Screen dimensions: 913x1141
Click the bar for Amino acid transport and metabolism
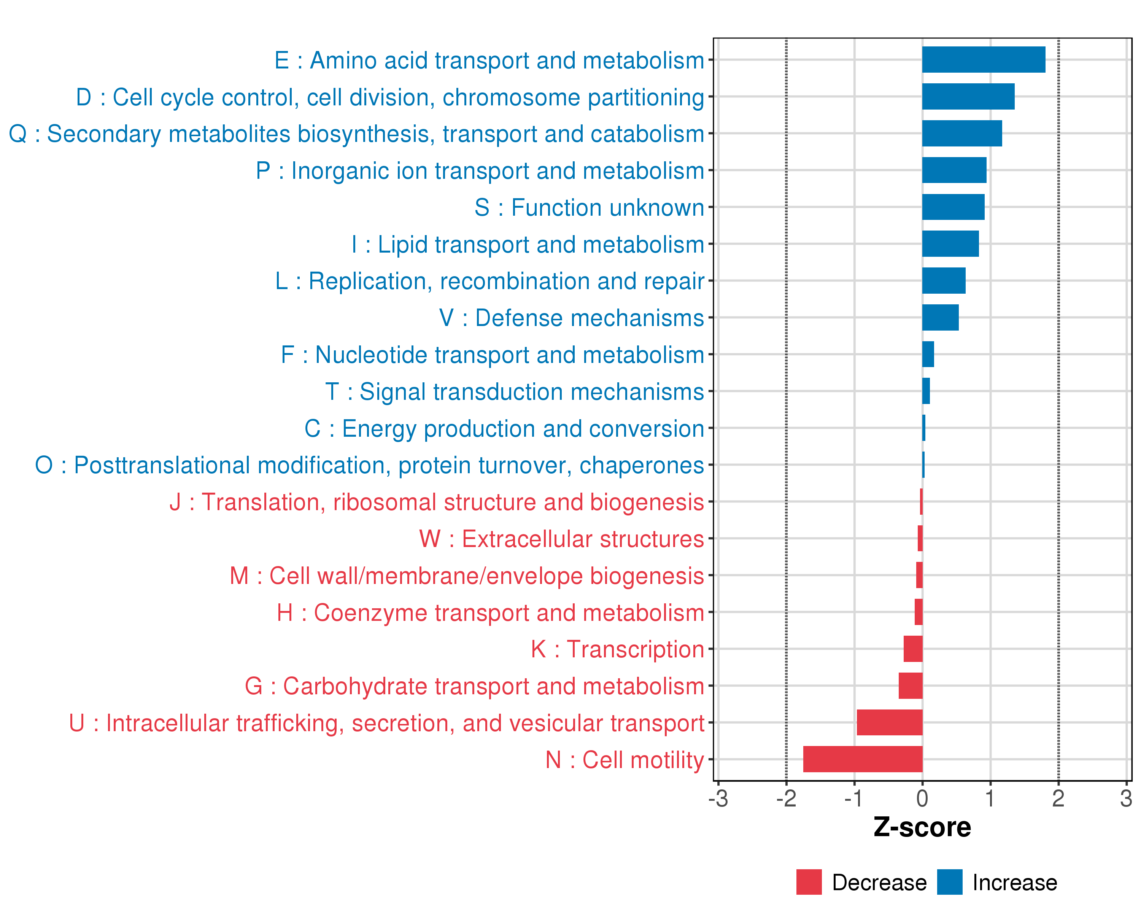point(983,60)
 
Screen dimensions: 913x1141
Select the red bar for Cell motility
point(863,759)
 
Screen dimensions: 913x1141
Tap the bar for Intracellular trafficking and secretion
point(889,722)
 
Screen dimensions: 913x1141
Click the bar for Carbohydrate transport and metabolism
point(910,686)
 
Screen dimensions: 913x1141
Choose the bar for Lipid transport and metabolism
point(950,244)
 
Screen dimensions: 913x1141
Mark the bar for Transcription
point(913,649)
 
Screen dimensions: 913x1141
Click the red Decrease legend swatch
point(809,882)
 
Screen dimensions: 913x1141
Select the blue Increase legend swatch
point(949,882)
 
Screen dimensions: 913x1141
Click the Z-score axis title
point(922,827)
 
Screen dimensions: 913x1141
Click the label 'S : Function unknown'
point(589,207)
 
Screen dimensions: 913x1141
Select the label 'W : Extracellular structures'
point(561,539)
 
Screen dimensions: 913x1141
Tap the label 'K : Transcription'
point(617,649)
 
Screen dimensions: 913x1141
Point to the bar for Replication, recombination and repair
point(944,280)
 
